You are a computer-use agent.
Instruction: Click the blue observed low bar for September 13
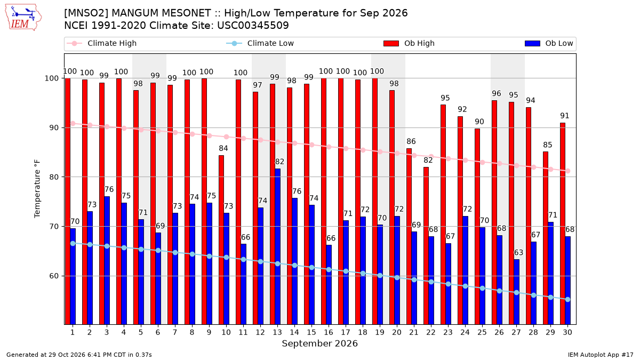pyautogui.click(x=277, y=246)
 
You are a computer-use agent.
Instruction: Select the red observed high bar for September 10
pyautogui.click(x=221, y=240)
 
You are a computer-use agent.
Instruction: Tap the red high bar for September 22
pyautogui.click(x=426, y=246)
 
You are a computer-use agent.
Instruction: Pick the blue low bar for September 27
pyautogui.click(x=517, y=292)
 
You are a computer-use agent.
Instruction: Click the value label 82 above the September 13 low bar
pyautogui.click(x=279, y=162)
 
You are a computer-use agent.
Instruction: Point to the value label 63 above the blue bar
pyautogui.click(x=518, y=253)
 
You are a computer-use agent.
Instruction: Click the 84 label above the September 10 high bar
pyautogui.click(x=223, y=148)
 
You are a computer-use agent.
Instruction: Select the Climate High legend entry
pyautogui.click(x=102, y=43)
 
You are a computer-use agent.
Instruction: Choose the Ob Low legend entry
pyautogui.click(x=549, y=43)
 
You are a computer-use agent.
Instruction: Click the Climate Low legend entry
pyautogui.click(x=260, y=43)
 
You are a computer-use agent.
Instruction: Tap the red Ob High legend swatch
pyautogui.click(x=391, y=43)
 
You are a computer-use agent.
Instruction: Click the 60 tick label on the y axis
pyautogui.click(x=54, y=276)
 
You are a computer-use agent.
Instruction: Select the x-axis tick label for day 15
pyautogui.click(x=311, y=333)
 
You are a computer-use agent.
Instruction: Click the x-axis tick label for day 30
pyautogui.click(x=567, y=333)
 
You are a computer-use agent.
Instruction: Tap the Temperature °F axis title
pyautogui.click(x=37, y=189)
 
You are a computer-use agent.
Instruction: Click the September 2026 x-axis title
pyautogui.click(x=319, y=343)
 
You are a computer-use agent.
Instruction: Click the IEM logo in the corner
pyautogui.click(x=23, y=18)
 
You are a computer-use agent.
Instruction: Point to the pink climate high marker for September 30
pyautogui.click(x=567, y=171)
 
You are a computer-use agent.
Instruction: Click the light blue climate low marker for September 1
pyautogui.click(x=73, y=243)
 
